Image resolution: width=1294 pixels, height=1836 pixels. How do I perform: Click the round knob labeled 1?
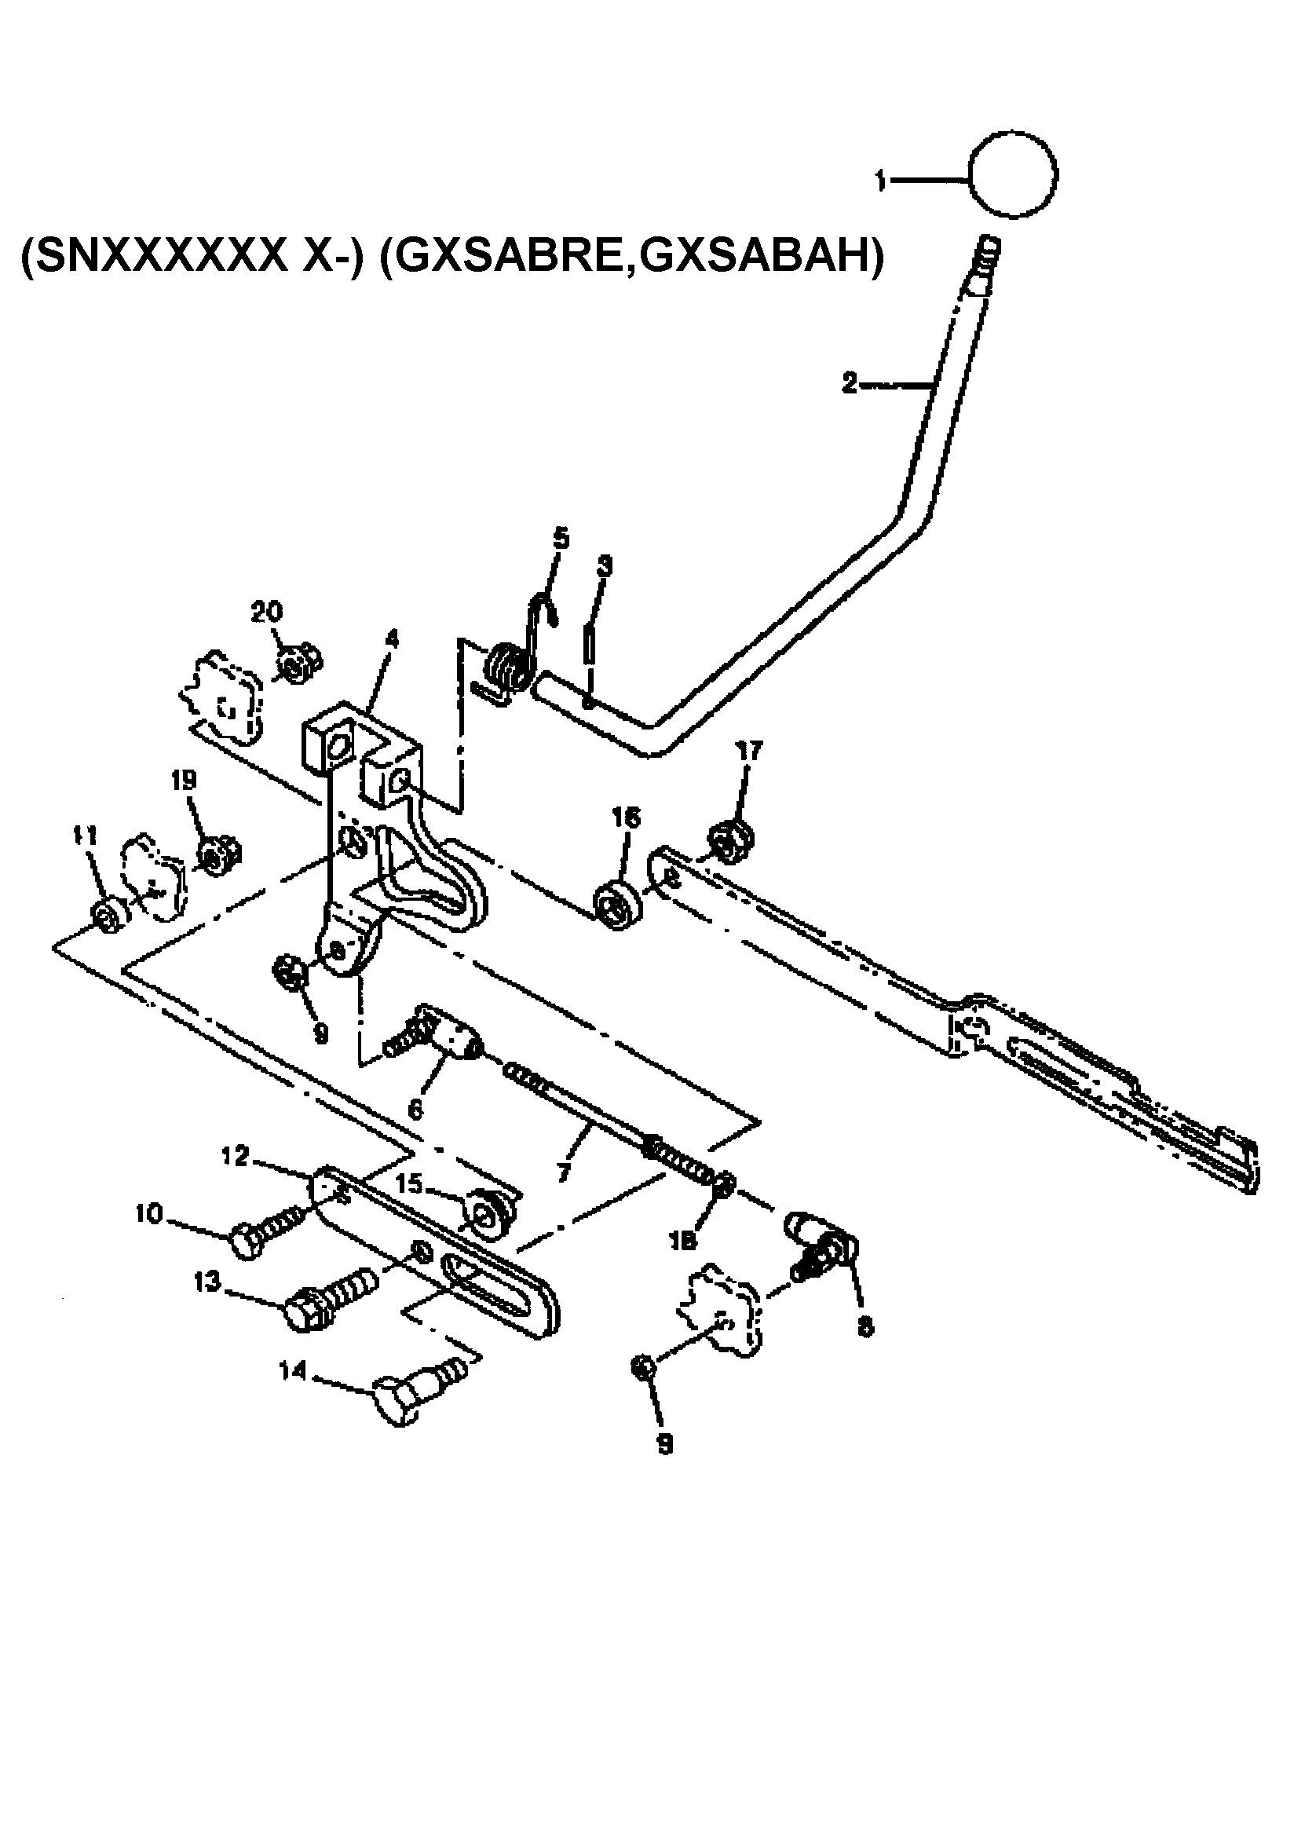[x=1012, y=174]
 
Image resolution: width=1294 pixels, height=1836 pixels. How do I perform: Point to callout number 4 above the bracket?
[x=392, y=640]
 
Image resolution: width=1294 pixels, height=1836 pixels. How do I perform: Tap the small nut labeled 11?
[x=106, y=914]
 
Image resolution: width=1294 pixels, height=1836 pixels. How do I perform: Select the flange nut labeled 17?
[x=728, y=842]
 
